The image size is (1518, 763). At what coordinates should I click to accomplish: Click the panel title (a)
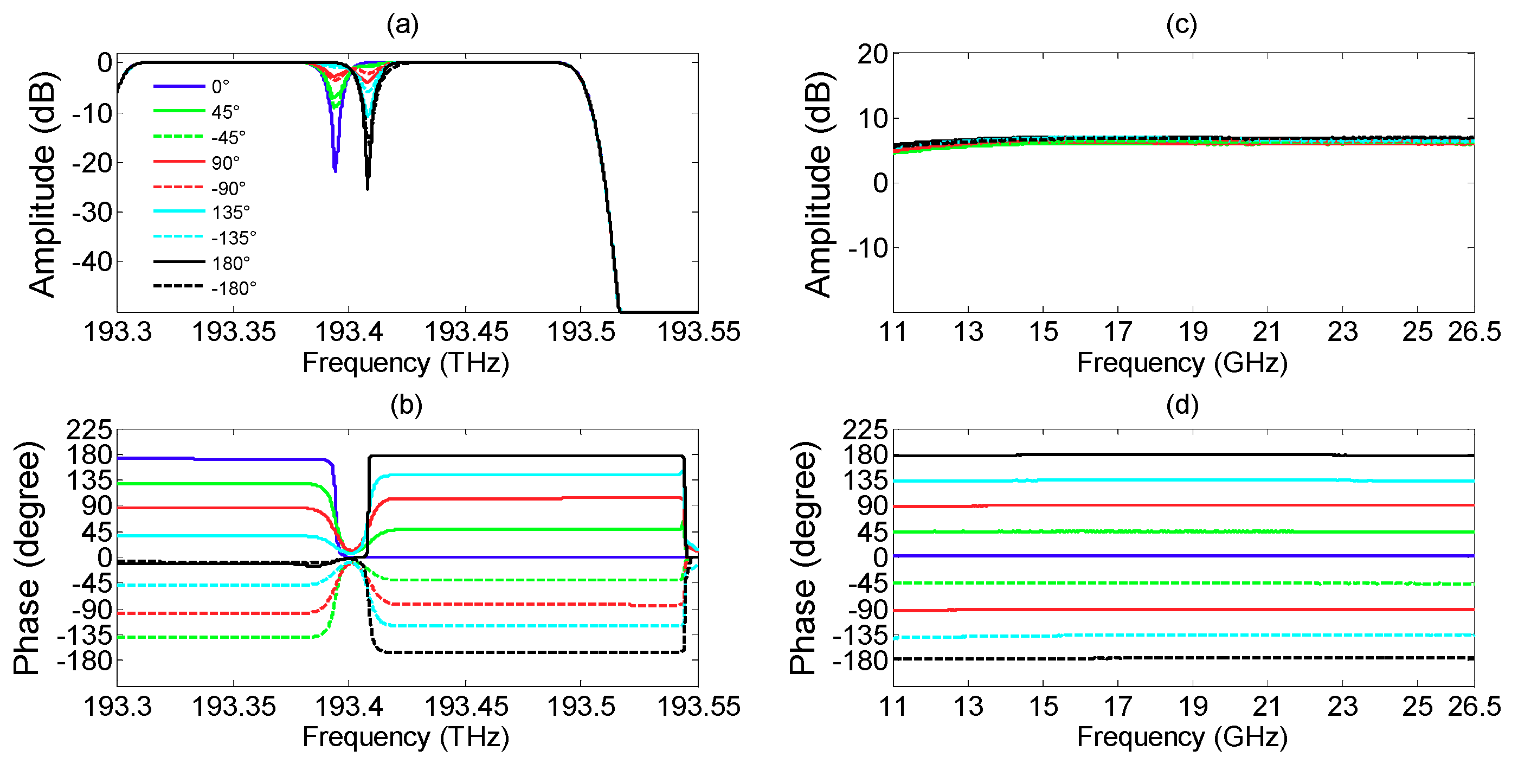[402, 25]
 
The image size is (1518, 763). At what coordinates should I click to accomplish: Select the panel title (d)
[1181, 406]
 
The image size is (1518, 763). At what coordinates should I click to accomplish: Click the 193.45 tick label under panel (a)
[466, 332]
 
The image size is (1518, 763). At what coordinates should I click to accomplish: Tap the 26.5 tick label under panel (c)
[1474, 332]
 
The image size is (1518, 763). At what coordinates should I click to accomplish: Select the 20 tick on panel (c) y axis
[872, 55]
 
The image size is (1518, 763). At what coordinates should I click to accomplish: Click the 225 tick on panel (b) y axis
[89, 431]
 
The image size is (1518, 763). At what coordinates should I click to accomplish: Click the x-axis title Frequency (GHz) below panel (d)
[1181, 737]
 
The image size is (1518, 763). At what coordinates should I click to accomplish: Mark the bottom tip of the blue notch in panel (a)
[335, 170]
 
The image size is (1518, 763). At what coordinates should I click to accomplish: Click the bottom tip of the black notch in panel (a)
[368, 188]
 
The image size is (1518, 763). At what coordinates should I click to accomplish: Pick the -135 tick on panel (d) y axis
[860, 636]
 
